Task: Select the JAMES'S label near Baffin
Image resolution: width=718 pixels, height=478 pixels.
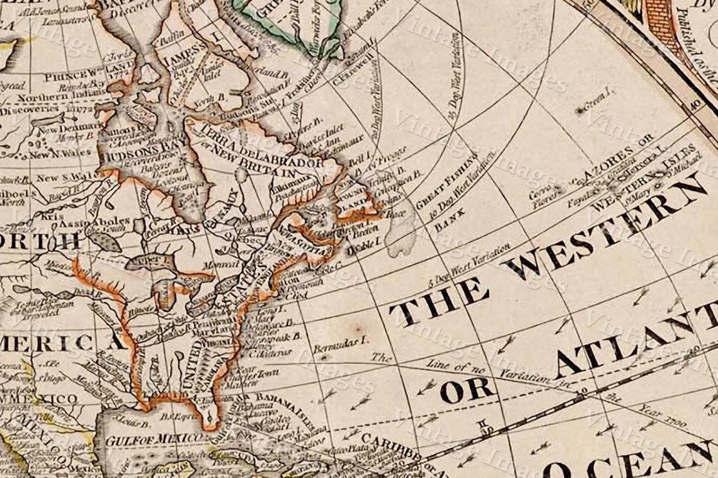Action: [183, 50]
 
